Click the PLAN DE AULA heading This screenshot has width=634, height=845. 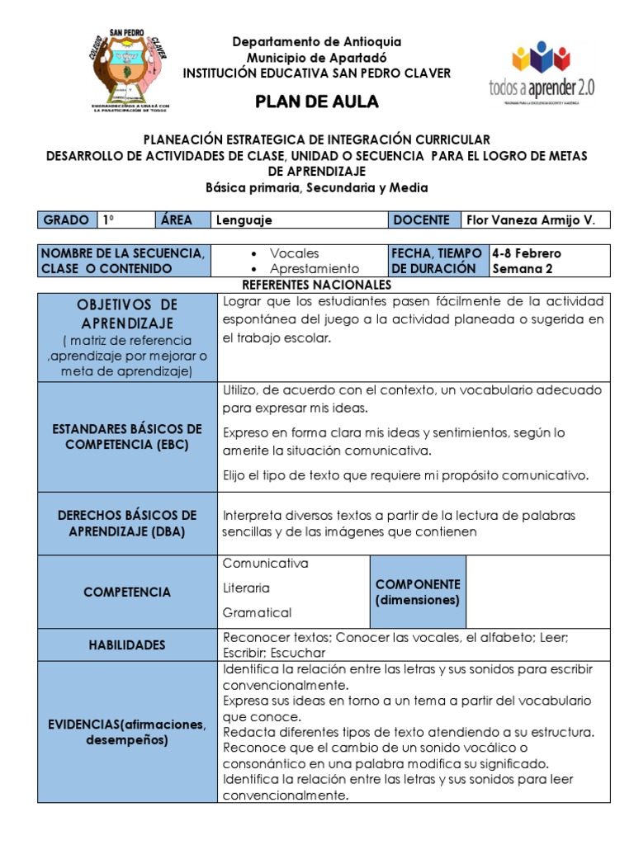click(317, 101)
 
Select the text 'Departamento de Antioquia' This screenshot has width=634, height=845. click(317, 41)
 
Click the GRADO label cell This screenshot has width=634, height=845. click(66, 220)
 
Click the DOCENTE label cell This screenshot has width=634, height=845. click(422, 220)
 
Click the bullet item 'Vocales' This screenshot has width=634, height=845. click(295, 253)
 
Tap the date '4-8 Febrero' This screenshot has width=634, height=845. click(526, 253)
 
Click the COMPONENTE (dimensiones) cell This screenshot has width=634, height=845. click(418, 592)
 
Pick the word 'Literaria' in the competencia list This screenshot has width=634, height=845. click(246, 588)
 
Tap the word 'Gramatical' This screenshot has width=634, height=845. click(257, 613)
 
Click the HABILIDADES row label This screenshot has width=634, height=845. click(127, 645)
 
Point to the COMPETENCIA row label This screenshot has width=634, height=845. click(127, 592)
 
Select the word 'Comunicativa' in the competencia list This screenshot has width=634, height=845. click(265, 564)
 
